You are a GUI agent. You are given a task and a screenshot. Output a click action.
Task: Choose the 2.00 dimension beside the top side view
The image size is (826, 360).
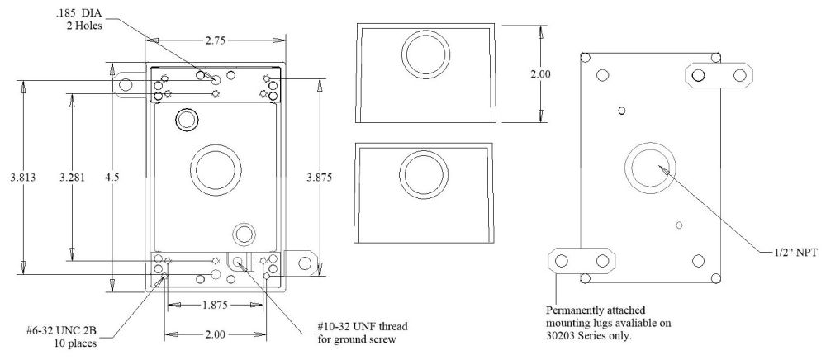pos(540,73)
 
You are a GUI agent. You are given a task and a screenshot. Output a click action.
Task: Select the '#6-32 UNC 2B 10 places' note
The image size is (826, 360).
pos(59,339)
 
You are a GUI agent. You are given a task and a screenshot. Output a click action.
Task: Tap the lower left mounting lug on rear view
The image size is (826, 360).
pos(582,261)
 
